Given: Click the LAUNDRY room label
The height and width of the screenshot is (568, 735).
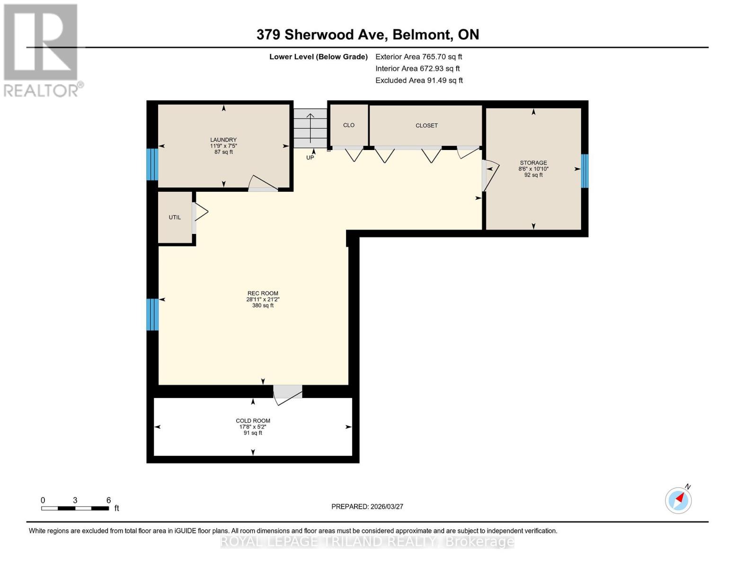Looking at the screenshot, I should tap(223, 140).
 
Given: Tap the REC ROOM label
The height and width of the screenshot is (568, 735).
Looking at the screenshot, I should tap(263, 293).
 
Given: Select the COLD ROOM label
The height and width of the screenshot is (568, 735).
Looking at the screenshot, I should tap(253, 421).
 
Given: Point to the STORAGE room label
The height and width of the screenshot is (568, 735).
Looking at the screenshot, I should tap(533, 163).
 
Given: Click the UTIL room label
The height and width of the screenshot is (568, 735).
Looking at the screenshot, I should tap(175, 217).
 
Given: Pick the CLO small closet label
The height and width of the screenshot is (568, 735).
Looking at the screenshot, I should tap(349, 125).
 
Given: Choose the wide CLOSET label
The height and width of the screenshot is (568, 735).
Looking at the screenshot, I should tap(426, 125).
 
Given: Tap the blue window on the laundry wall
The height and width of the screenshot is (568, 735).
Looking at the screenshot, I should tap(152, 164).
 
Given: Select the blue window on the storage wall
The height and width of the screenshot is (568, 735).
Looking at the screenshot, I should tap(584, 171).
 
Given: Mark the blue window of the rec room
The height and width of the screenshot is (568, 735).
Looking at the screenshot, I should tap(152, 314).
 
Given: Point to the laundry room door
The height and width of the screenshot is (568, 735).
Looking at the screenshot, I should tap(262, 185).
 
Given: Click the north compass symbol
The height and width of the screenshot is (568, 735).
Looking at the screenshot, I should tap(679, 500).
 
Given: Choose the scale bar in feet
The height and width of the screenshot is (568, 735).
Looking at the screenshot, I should tap(75, 508).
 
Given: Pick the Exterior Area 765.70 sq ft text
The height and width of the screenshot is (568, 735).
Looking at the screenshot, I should tap(418, 57).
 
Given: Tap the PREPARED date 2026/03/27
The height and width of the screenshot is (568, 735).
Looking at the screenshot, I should tap(367, 506).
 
